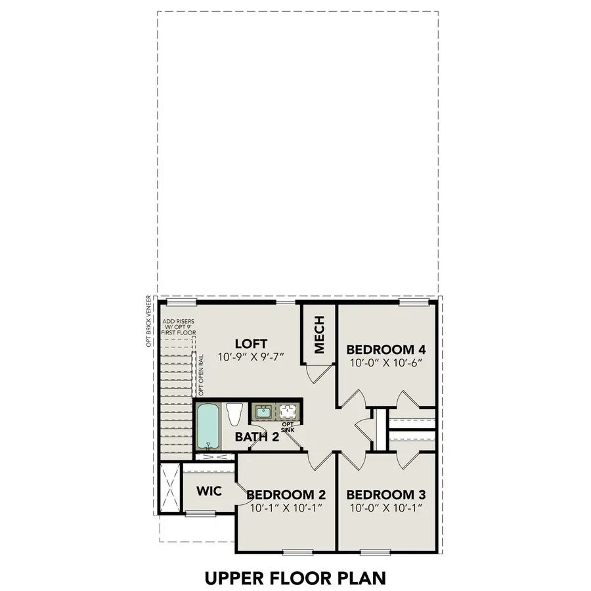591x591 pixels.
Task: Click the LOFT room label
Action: [x=251, y=343]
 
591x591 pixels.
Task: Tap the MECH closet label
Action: [x=319, y=335]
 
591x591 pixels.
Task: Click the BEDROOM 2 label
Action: [x=286, y=494]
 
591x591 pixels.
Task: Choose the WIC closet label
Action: [x=209, y=491]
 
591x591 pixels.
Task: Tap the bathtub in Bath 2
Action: [x=209, y=426]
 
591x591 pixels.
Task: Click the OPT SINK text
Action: [x=287, y=427]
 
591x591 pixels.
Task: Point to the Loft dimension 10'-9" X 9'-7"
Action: [x=251, y=359]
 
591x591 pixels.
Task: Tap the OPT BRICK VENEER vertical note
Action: [x=150, y=320]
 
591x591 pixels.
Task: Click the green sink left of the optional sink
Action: [x=263, y=412]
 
